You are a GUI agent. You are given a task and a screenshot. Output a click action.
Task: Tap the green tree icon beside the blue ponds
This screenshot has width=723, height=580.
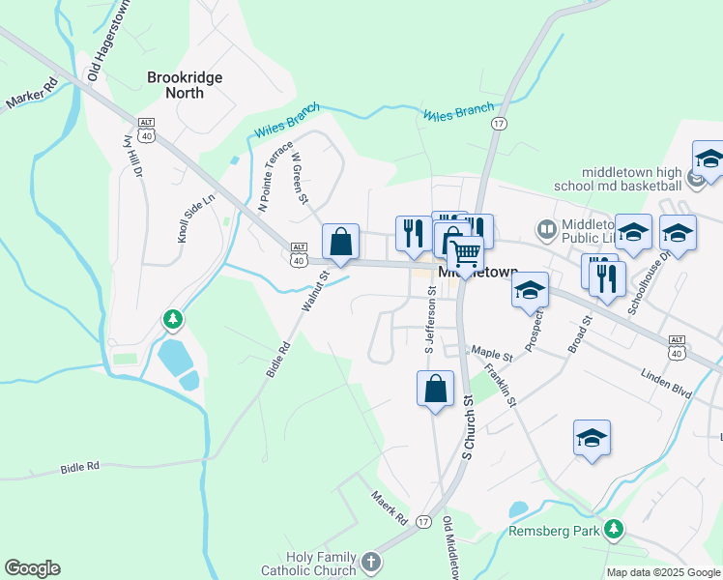pyautogui.click(x=173, y=318)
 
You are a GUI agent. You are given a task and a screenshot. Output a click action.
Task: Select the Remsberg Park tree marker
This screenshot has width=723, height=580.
pyautogui.click(x=612, y=529)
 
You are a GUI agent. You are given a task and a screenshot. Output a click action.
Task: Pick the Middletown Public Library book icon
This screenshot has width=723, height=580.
pyautogui.click(x=546, y=230)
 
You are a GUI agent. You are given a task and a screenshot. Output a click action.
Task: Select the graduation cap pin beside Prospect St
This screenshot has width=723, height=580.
pyautogui.click(x=530, y=290)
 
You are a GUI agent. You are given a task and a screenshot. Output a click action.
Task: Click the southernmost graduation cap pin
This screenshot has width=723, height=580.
pyautogui.click(x=592, y=438)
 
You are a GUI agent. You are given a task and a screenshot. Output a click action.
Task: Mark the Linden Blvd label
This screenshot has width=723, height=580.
pyautogui.click(x=667, y=374)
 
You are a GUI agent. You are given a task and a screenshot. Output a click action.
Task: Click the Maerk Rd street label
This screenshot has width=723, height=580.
pyautogui.click(x=390, y=507)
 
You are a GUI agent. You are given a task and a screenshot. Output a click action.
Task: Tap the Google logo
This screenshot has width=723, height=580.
pyautogui.click(x=32, y=568)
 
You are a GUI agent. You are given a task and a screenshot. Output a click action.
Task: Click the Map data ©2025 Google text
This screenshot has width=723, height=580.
pyautogui.click(x=662, y=572)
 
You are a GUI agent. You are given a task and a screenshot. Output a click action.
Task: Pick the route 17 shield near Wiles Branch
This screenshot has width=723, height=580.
pyautogui.click(x=499, y=124)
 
